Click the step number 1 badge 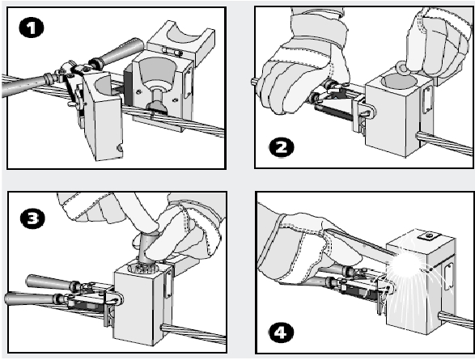pyautogui.click(x=32, y=28)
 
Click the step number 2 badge pyautogui.click(x=282, y=147)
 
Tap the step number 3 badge pyautogui.click(x=32, y=218)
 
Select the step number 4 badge pyautogui.click(x=282, y=332)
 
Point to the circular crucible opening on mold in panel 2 pyautogui.click(x=398, y=81)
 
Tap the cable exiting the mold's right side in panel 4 pyautogui.click(x=456, y=319)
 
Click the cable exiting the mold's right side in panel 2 pyautogui.click(x=445, y=142)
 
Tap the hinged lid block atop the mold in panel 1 pyautogui.click(x=180, y=42)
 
